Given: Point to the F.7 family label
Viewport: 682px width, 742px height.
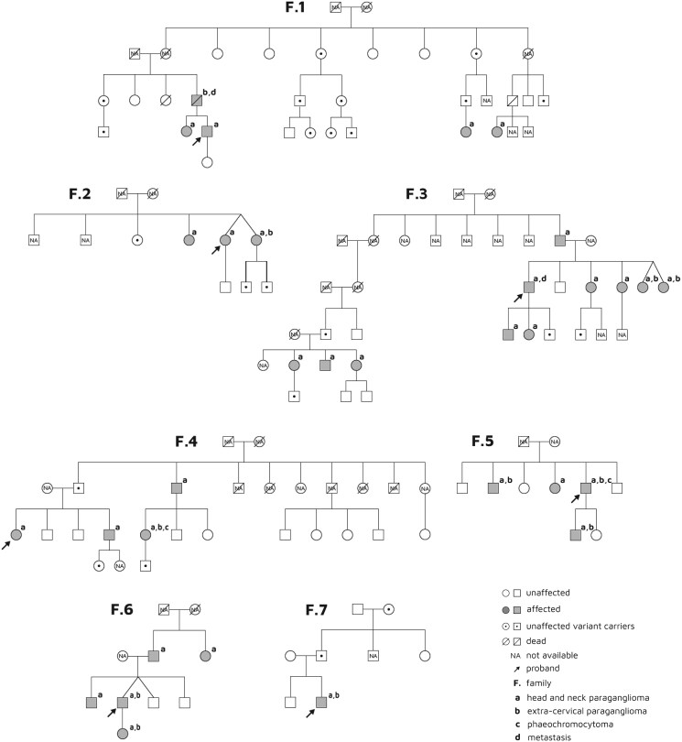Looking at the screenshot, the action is point(325,609).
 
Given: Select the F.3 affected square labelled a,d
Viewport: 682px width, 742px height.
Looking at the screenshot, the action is point(528,288).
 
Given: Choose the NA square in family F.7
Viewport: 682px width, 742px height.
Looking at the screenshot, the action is point(373,656).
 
